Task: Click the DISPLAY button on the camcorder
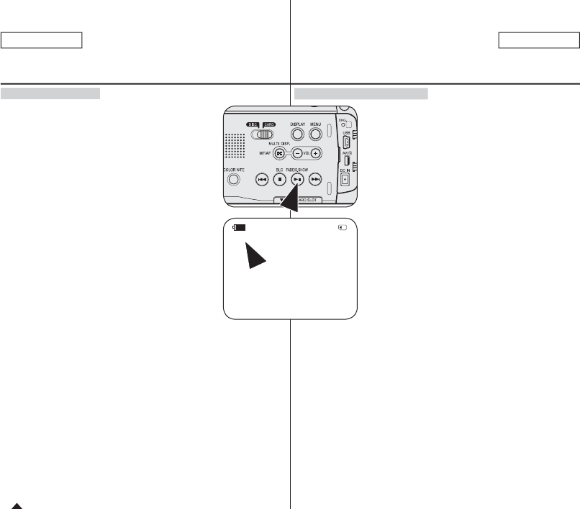(x=297, y=134)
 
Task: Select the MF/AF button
(x=279, y=153)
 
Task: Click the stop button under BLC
(x=279, y=179)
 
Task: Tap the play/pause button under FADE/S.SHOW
(x=297, y=179)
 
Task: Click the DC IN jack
(x=345, y=180)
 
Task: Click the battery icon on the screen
(x=239, y=227)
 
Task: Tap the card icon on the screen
(x=343, y=227)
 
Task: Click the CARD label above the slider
(x=268, y=124)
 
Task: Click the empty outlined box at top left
(x=42, y=40)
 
